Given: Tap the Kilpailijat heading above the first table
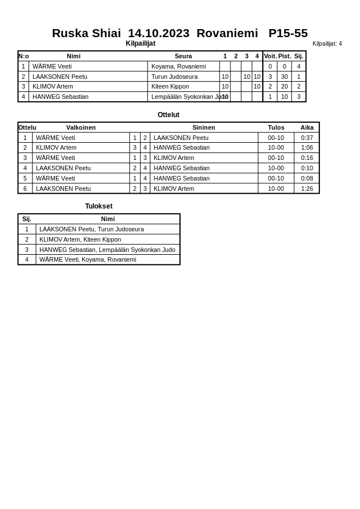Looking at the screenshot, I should pos(140,43).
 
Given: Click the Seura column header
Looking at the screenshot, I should pos(183,56).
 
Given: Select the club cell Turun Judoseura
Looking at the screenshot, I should pos(174,77).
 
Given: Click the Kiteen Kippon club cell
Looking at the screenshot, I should pos(170,87).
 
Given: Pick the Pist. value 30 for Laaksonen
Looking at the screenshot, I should pos(284,77).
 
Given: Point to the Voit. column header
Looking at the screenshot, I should pos(270,56).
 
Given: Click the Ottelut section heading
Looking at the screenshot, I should pos(169,115).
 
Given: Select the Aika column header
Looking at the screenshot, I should pos(307,127).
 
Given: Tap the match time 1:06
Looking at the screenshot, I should pos(307,147).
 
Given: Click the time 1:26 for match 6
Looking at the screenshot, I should pos(307,189).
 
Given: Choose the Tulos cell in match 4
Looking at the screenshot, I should pos(275,168).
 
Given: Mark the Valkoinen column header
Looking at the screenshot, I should pos(81,127).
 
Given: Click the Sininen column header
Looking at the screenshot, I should pos(203,127).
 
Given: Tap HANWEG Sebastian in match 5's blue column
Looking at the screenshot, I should pos(181,178).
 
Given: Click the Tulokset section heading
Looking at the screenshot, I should pos(99,206).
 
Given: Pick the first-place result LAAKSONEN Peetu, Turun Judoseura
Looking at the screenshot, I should pos(91,229).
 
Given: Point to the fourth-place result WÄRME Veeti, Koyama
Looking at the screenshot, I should pos(87,259).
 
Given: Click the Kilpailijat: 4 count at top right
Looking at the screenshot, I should pos(327,43).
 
